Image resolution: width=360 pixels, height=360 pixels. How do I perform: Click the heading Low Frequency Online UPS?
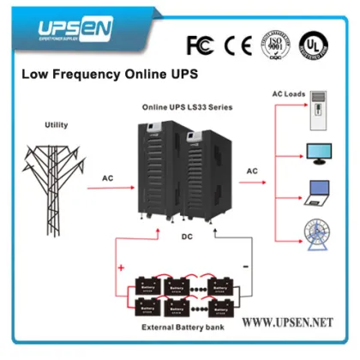pyautogui.click(x=109, y=75)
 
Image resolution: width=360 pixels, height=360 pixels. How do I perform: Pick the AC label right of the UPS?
pyautogui.click(x=252, y=171)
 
